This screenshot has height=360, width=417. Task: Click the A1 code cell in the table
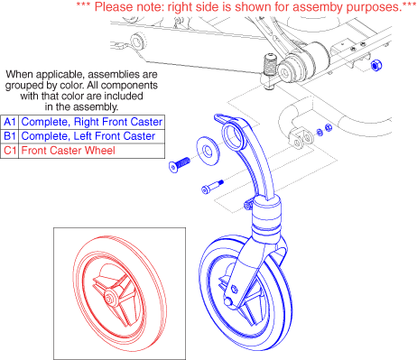pos(10,122)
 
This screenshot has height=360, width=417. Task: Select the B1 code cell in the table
pos(10,136)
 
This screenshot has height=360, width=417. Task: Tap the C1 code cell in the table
pos(10,151)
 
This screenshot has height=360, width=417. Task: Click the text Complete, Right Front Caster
pos(92,122)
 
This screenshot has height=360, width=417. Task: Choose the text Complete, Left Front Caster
pos(88,136)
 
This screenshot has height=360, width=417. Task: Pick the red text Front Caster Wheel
pos(69,151)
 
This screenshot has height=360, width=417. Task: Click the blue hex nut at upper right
pos(376,65)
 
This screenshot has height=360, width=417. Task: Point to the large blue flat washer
pos(208,151)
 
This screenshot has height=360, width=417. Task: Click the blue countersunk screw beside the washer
pos(180,165)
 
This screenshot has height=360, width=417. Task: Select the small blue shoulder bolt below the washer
pos(212,187)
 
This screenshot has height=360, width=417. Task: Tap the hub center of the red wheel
pos(108,299)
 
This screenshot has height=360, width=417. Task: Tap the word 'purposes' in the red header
pos(374,7)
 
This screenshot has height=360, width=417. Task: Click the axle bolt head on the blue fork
pos(228,300)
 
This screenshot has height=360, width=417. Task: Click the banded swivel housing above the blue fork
pos(267,219)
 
